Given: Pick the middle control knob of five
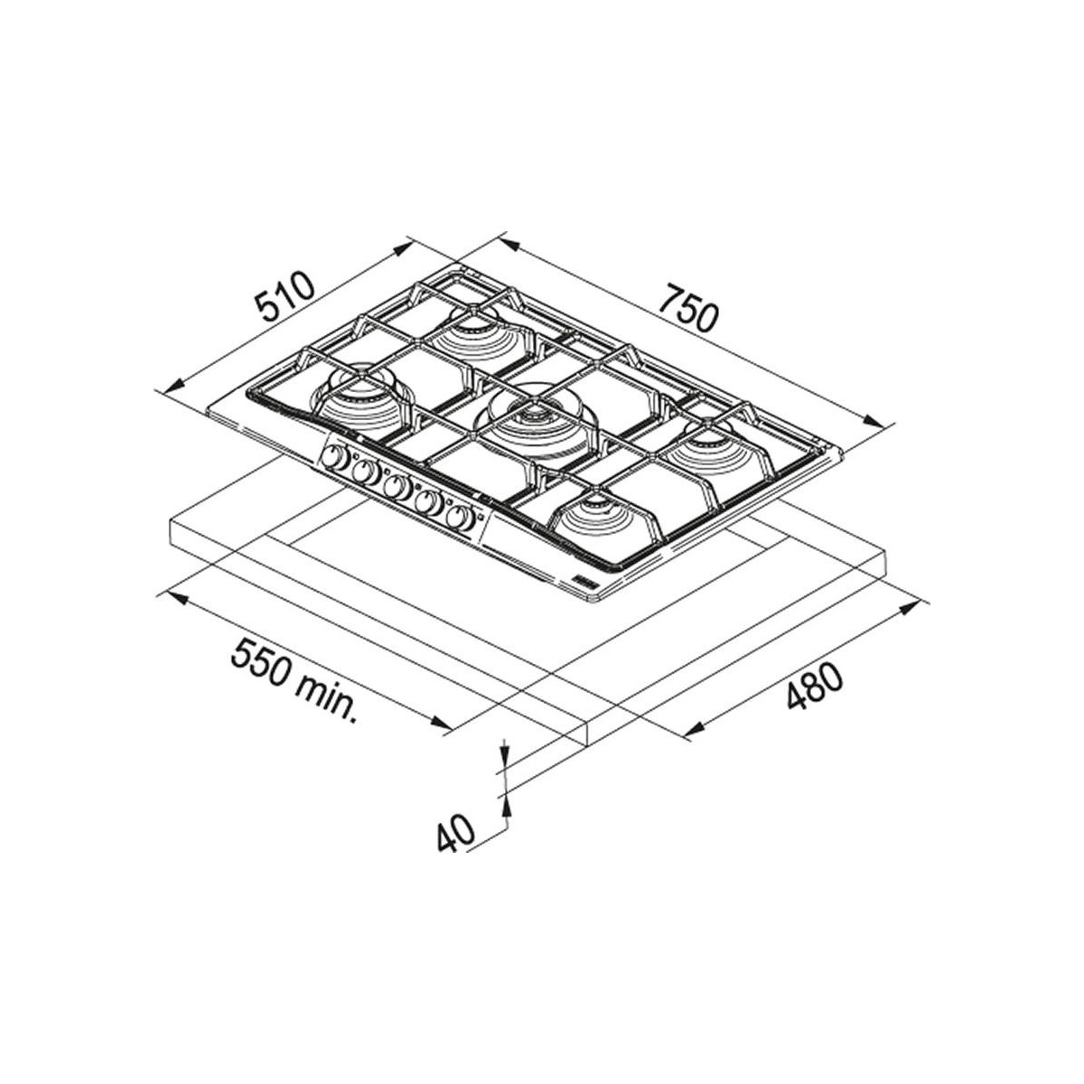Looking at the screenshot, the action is (x=397, y=487).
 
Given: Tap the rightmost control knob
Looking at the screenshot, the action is (x=460, y=517).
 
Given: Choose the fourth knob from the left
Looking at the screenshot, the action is (x=429, y=501).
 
